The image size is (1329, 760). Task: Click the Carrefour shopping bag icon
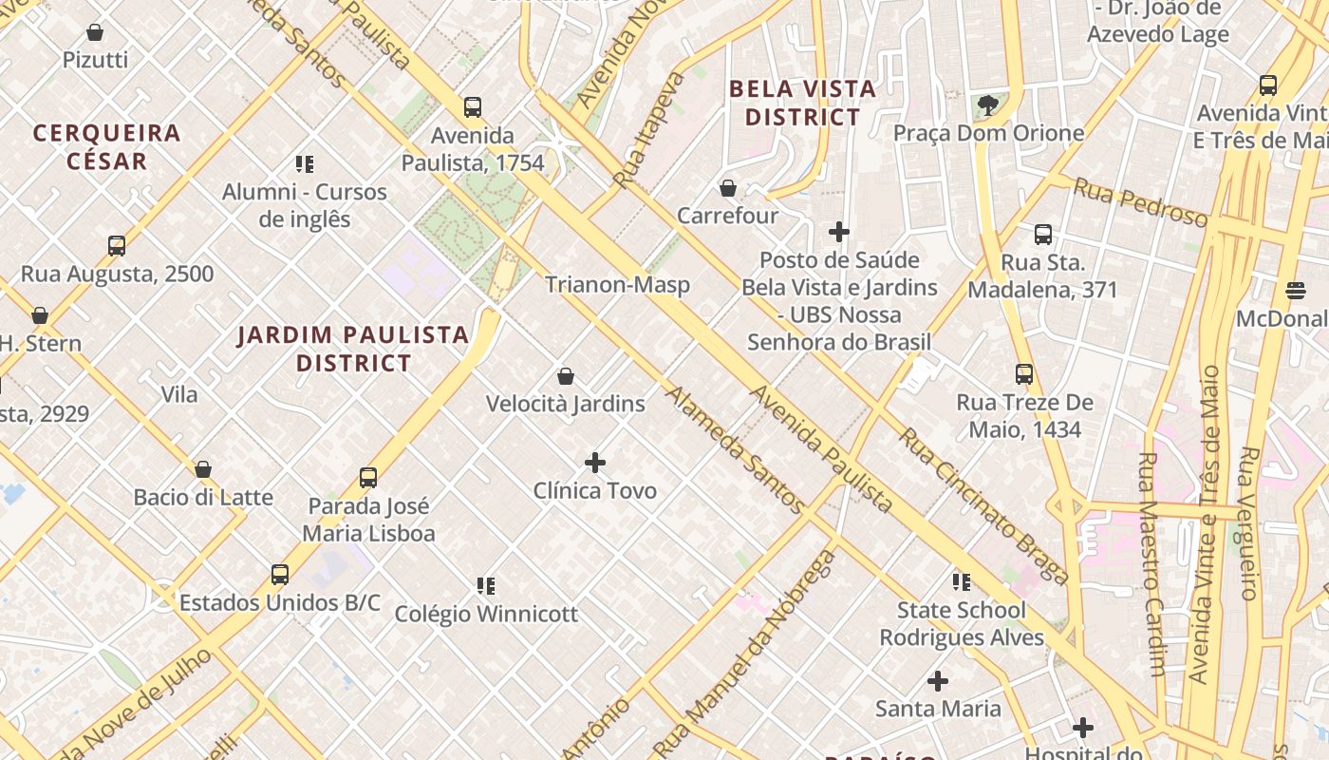[728, 188]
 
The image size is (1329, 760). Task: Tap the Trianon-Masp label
[617, 284]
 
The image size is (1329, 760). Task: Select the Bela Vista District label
[802, 103]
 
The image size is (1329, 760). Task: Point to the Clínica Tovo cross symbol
[595, 463]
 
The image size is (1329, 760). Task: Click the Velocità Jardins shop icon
[566, 376]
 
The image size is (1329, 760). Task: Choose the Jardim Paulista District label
[353, 349]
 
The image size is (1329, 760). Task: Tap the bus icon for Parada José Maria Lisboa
[368, 478]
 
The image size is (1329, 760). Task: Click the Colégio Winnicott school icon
[486, 585]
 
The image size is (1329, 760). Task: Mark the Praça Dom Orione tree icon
[988, 104]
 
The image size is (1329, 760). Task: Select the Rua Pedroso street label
[1140, 202]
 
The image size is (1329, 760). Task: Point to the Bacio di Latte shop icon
[203, 469]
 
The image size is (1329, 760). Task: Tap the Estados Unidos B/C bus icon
[280, 575]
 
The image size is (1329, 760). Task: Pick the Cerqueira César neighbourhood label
[107, 146]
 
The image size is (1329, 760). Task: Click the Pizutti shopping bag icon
[95, 33]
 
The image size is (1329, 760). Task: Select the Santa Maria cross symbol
[938, 681]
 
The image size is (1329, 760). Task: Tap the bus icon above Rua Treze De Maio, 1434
[1024, 374]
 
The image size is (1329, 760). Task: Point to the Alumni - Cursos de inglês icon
[305, 164]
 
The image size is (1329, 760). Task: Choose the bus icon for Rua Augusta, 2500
[117, 246]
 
